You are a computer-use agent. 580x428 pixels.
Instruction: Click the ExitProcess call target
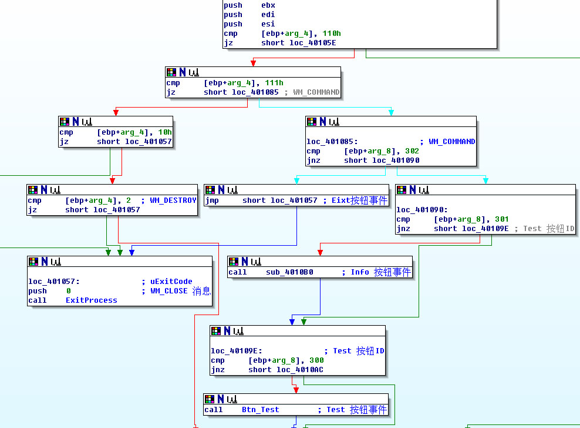[91, 300]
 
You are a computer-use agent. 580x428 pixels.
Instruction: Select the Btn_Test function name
[260, 410]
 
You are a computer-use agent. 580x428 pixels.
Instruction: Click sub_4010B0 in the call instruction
[282, 272]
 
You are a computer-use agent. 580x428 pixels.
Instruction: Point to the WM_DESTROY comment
[173, 200]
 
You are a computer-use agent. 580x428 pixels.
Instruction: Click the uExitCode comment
[171, 282]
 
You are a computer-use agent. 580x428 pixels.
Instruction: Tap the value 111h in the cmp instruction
[274, 83]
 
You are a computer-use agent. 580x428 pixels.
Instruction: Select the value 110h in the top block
[332, 34]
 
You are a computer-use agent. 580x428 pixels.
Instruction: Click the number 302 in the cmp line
[412, 151]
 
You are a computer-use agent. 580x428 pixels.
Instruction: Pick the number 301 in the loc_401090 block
[501, 219]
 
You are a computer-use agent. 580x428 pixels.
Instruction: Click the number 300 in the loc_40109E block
[316, 360]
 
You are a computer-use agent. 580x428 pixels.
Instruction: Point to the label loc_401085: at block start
[332, 142]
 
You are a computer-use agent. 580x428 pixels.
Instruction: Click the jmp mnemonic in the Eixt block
[212, 200]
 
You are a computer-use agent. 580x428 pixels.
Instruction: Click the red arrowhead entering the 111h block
[253, 63]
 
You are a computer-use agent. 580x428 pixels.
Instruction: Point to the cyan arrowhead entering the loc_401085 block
[391, 112]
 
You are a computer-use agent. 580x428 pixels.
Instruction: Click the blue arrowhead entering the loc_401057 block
[132, 252]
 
